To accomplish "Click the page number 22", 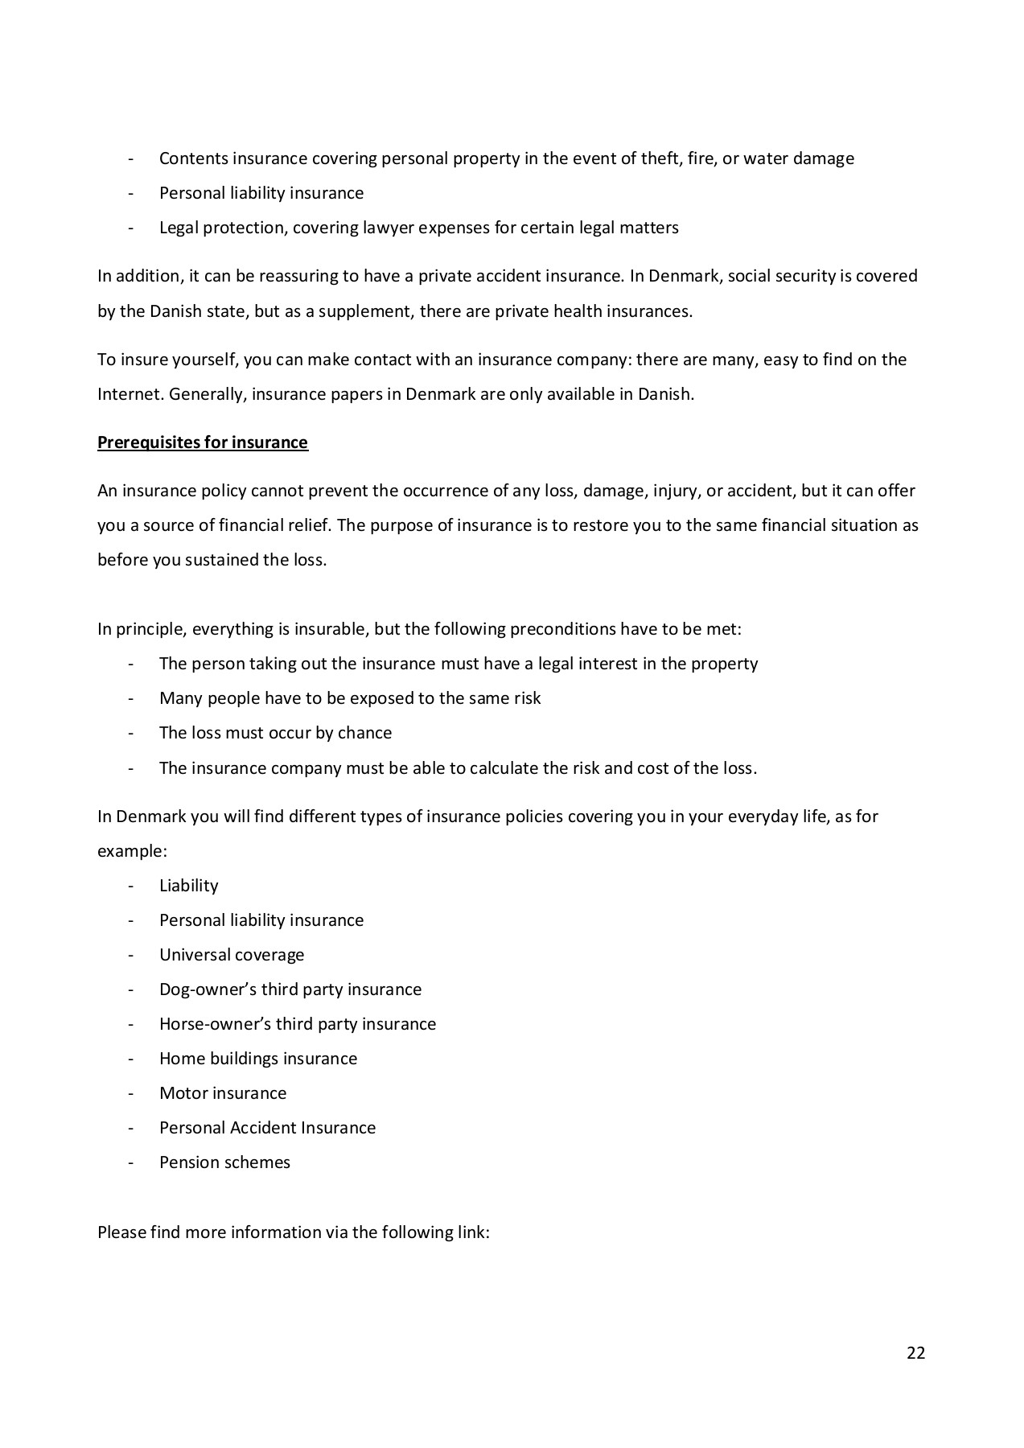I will click(915, 1353).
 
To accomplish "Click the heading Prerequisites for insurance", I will click(203, 442).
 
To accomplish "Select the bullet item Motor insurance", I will click(223, 1093).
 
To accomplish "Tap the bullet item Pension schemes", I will click(224, 1162).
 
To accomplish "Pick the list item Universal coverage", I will click(232, 955).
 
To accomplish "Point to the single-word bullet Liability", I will click(189, 886).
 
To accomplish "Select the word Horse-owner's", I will click(215, 1024).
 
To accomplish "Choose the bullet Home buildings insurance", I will click(258, 1059).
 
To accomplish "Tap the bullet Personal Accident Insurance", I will click(267, 1128).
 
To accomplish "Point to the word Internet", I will click(130, 395).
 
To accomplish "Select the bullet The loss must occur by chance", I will click(275, 733).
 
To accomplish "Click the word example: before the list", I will click(132, 851).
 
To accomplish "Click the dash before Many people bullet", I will click(130, 698).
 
